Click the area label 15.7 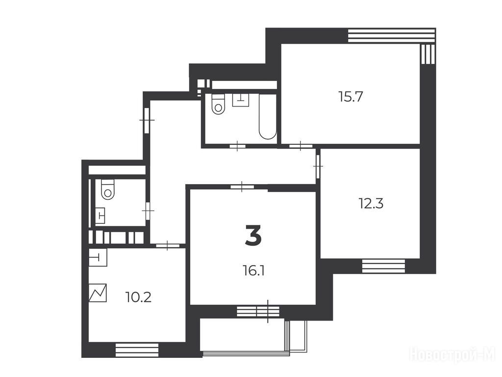(351, 97)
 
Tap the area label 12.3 (371, 204)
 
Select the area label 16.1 (253, 271)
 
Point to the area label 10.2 (138, 298)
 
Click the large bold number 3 (253, 235)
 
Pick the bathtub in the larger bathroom (268, 117)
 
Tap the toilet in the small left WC (108, 189)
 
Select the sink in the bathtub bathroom (241, 100)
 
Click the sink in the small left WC (100, 215)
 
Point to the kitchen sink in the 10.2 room (98, 257)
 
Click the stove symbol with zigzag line (98, 293)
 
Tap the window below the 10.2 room (137, 350)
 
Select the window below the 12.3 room (383, 266)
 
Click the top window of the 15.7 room (392, 35)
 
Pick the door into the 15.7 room (301, 146)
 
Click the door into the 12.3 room (318, 166)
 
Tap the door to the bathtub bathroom (238, 146)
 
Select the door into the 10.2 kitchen (168, 245)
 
